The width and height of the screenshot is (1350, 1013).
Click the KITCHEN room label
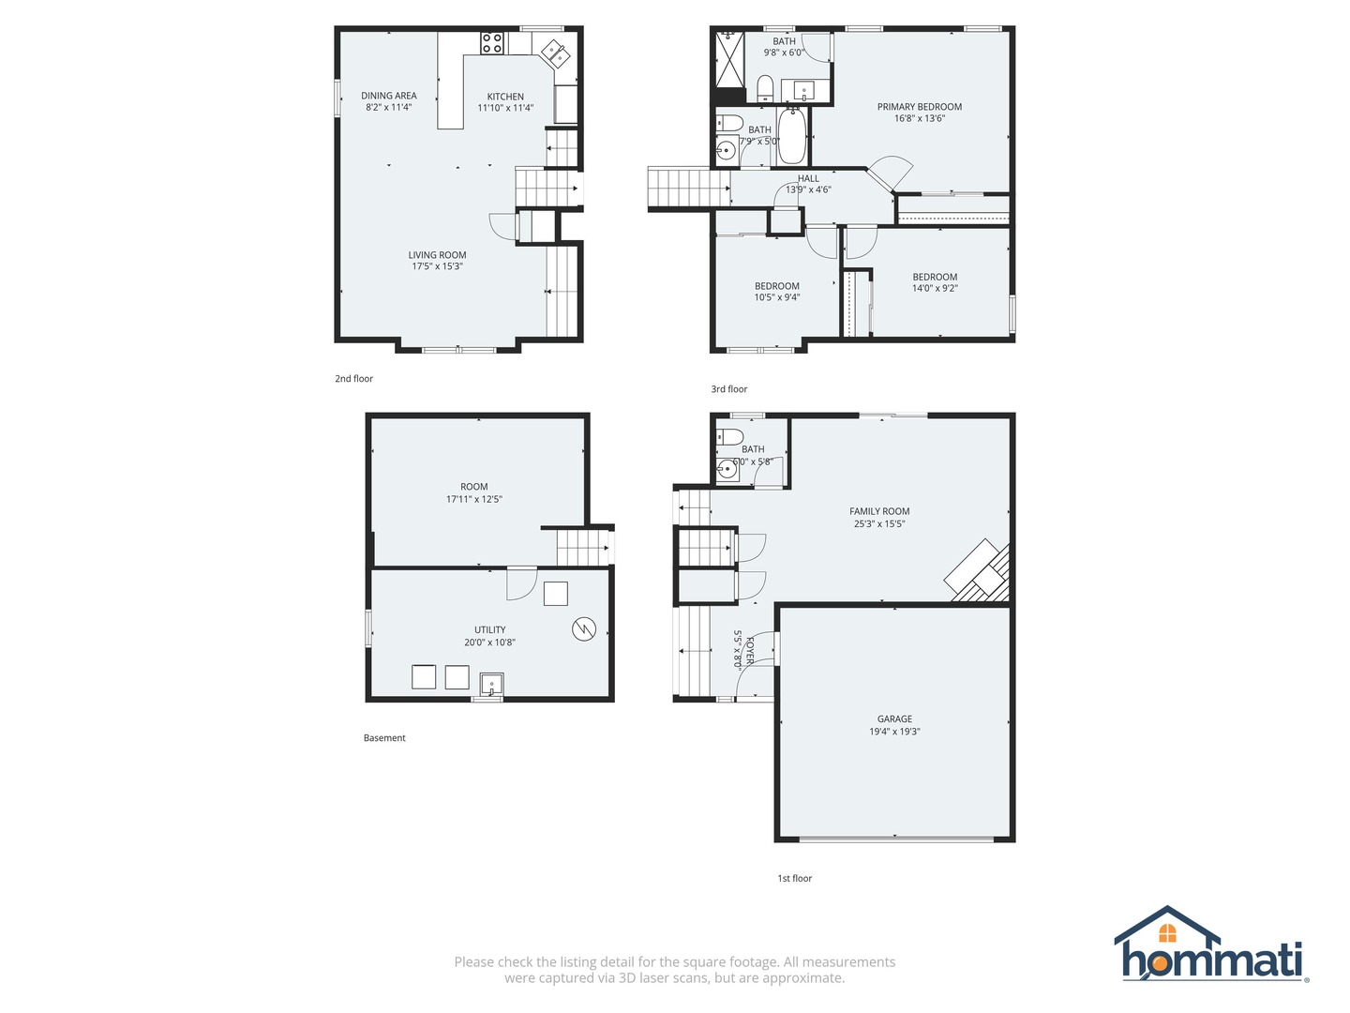505,97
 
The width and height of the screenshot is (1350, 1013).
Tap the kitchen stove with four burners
492,42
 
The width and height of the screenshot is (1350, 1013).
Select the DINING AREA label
389,96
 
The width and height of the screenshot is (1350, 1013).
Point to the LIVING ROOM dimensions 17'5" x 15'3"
437,266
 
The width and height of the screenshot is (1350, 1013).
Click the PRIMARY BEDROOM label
919,107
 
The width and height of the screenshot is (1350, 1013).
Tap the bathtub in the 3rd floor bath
791,138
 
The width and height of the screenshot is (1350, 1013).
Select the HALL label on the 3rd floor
808,178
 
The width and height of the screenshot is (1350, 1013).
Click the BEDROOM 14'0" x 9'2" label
935,277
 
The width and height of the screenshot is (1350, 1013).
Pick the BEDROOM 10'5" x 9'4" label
777,286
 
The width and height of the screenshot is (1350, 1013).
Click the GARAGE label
894,719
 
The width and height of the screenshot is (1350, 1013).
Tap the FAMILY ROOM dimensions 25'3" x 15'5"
879,523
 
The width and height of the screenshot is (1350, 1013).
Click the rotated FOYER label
749,648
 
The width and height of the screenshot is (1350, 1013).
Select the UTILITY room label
489,630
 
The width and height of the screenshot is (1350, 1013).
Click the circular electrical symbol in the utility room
584,628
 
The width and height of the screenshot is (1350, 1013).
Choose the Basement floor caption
384,738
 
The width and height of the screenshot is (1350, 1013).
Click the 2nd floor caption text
354,379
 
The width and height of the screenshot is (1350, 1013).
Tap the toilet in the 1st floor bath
729,437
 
